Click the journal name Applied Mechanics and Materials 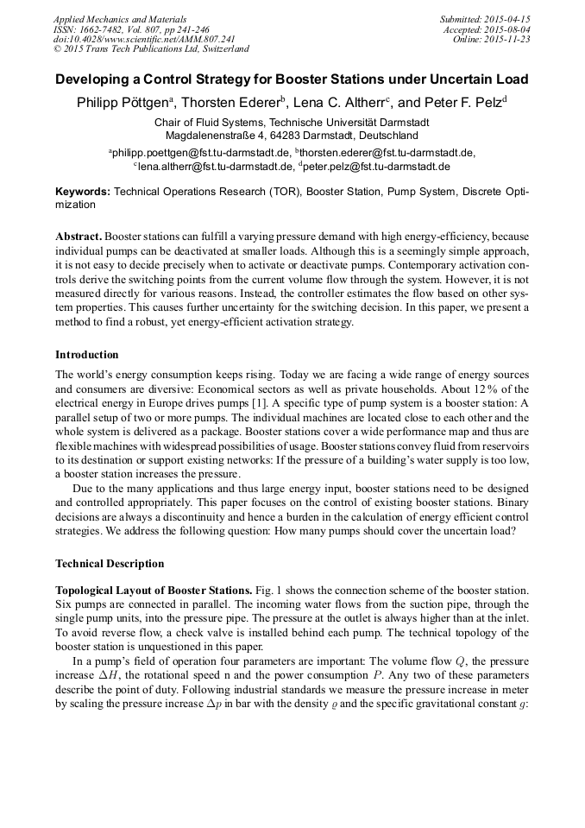click(x=119, y=19)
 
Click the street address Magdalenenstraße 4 click(x=219, y=136)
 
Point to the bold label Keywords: click(x=83, y=191)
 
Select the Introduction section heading click(x=87, y=355)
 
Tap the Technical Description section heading click(x=110, y=564)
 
